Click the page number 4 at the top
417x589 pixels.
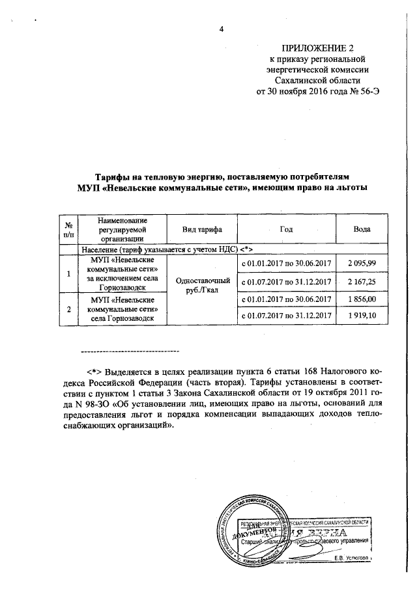[221, 29]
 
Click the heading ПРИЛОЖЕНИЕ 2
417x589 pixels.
[319, 48]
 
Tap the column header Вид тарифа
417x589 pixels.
[198, 230]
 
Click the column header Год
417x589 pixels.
[286, 230]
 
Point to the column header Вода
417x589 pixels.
[362, 230]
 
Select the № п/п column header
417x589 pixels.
[65, 230]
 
